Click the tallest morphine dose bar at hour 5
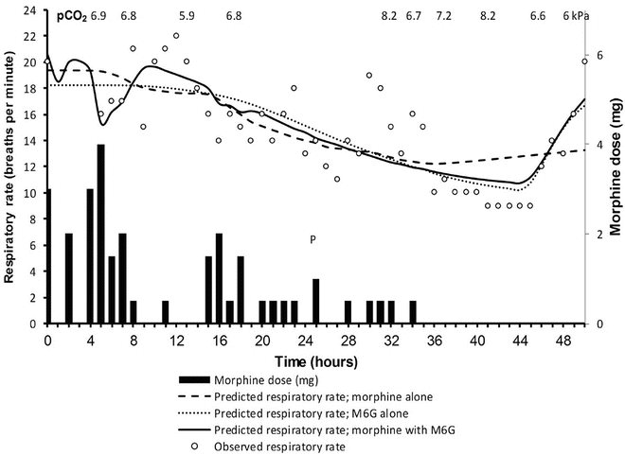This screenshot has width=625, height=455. pyautogui.click(x=101, y=235)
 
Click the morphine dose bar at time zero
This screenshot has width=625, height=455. pyautogui.click(x=48, y=256)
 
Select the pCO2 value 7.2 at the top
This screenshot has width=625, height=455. pyautogui.click(x=443, y=16)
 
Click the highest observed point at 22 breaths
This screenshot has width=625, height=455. pyautogui.click(x=176, y=36)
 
